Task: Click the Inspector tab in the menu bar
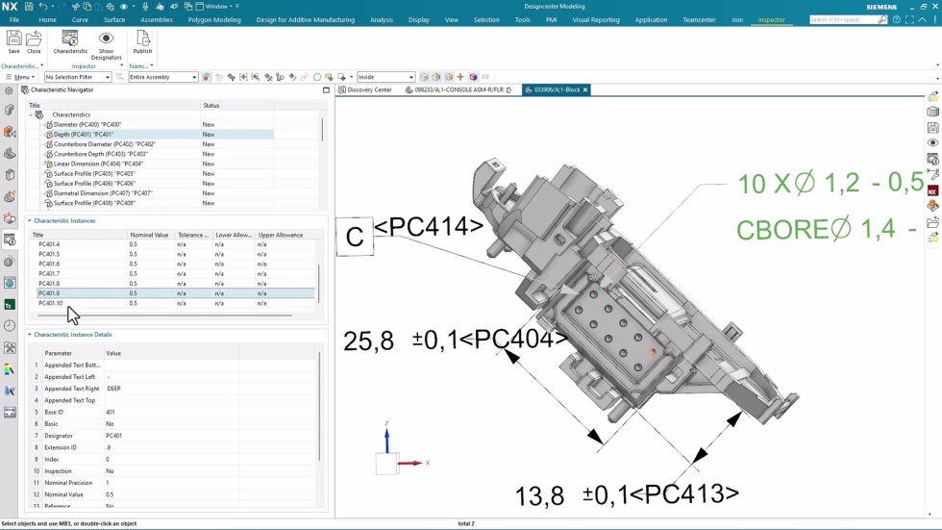pos(771,19)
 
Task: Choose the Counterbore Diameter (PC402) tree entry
pos(104,144)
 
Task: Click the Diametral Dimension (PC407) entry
pos(103,193)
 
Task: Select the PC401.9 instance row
pos(49,293)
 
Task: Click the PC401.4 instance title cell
pos(49,244)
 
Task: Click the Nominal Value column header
pos(149,235)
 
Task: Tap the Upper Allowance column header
pos(280,235)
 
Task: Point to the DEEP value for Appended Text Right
pos(114,389)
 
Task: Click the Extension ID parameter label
pos(62,447)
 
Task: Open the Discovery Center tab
pos(369,89)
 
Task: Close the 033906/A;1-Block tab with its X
pos(584,89)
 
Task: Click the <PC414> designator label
pos(429,227)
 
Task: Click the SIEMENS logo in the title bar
pos(880,7)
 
